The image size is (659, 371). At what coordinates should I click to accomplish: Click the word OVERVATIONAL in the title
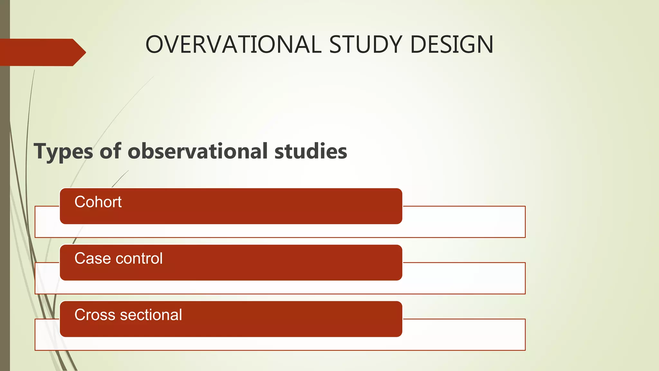(233, 44)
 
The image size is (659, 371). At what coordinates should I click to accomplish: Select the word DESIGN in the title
(452, 44)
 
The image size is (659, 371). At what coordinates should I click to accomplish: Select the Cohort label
(98, 202)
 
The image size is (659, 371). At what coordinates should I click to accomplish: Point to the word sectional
(151, 315)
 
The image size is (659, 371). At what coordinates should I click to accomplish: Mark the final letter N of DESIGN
(485, 44)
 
